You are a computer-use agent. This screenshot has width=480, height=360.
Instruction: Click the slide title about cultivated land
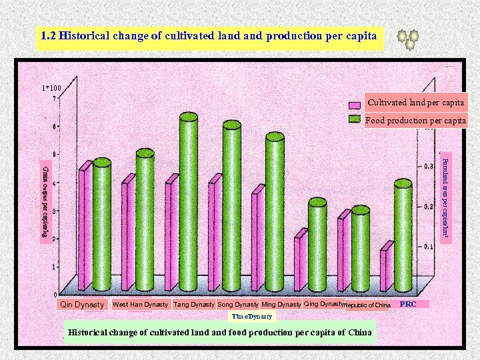[x=209, y=37]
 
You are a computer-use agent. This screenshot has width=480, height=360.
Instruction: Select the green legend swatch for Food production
[x=356, y=121]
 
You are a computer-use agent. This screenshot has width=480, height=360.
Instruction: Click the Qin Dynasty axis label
[x=82, y=305]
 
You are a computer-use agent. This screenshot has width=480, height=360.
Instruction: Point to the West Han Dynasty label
[x=140, y=305]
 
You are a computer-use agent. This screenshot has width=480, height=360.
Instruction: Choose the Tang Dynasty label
[x=193, y=305]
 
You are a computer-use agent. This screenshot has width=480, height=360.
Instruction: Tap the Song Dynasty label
[x=237, y=305]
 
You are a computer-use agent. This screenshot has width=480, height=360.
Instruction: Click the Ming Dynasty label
[x=281, y=305]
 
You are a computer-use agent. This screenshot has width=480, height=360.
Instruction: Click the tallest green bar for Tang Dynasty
[x=189, y=200]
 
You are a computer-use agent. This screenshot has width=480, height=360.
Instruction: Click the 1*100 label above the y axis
[x=51, y=88]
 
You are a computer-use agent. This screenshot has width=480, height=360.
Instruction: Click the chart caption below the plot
[x=221, y=333]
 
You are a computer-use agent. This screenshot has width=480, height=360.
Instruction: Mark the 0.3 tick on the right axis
[x=430, y=167]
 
